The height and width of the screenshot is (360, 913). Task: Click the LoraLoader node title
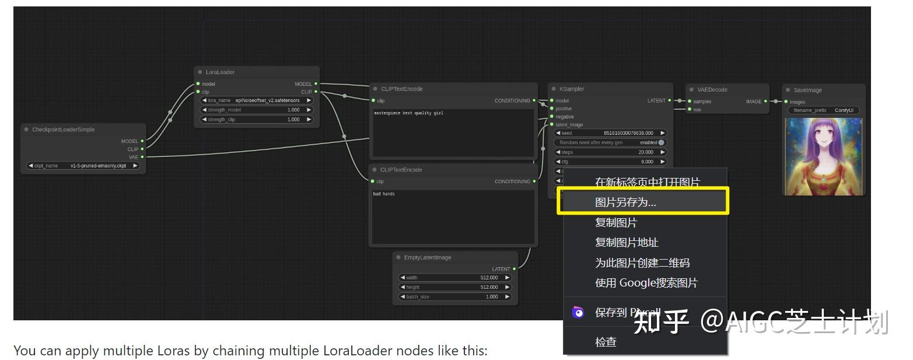point(220,72)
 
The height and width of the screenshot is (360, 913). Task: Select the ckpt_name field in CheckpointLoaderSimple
point(83,166)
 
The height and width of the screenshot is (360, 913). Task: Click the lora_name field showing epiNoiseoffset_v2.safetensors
point(257,100)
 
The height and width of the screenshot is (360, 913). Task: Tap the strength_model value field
point(257,110)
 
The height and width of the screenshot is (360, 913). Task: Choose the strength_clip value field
point(257,120)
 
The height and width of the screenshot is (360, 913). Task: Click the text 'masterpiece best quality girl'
point(408,113)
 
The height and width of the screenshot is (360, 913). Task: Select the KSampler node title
point(571,89)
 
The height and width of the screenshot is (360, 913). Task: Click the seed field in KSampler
point(610,133)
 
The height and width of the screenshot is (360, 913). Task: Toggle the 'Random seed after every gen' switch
point(660,142)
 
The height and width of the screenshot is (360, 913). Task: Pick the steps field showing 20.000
point(610,152)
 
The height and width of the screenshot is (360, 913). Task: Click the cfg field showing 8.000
point(610,162)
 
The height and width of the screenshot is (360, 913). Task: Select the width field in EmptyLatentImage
point(454,278)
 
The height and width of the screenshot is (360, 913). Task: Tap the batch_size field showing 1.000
point(454,297)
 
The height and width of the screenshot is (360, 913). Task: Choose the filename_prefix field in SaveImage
point(823,110)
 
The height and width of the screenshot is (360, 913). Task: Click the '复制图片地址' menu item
point(627,243)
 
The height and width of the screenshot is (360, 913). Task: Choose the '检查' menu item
point(606,342)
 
